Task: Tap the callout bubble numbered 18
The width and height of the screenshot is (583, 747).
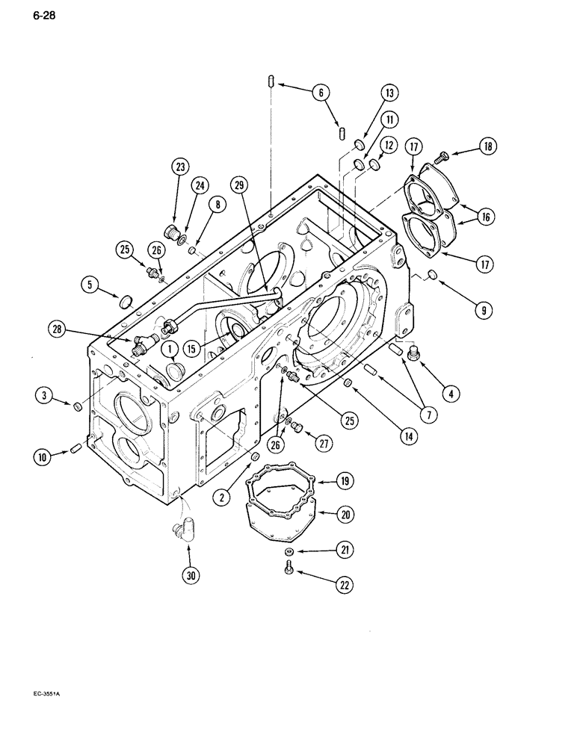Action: pos(487,146)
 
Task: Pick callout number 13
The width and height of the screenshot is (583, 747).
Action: pos(389,93)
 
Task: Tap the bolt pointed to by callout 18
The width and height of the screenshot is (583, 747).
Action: pos(442,155)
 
